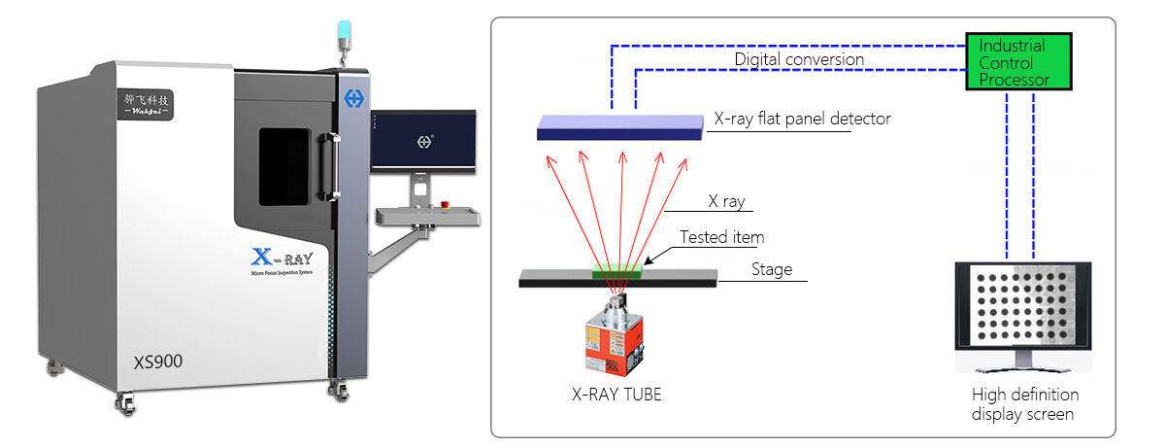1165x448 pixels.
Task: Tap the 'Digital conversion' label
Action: point(798,59)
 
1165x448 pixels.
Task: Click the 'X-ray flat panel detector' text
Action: point(802,119)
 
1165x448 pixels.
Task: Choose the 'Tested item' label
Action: point(721,236)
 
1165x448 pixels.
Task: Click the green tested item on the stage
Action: point(617,269)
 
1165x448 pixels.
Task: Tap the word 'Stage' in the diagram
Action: point(772,269)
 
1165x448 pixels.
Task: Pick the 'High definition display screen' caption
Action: point(1024,404)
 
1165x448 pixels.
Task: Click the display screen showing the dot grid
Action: point(1023,309)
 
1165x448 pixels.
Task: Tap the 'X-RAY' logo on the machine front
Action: point(282,258)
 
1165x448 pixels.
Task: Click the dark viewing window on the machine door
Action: point(283,166)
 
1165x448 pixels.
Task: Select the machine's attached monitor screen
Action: point(423,138)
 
